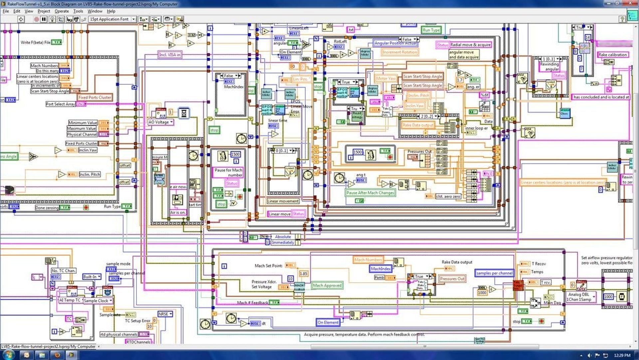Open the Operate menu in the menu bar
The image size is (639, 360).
pyautogui.click(x=62, y=11)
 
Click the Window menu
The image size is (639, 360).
pyautogui.click(x=95, y=11)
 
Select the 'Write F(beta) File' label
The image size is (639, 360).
pyautogui.click(x=36, y=42)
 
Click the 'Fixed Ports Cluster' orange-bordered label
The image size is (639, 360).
pyautogui.click(x=95, y=97)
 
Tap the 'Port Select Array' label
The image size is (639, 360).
pyautogui.click(x=60, y=104)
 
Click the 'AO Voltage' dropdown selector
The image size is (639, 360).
pyautogui.click(x=161, y=122)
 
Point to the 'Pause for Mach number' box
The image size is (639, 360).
pyautogui.click(x=228, y=172)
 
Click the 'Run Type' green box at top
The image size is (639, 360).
pyautogui.click(x=431, y=30)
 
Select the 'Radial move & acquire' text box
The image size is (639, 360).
pyautogui.click(x=471, y=45)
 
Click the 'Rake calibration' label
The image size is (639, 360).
pyautogui.click(x=612, y=55)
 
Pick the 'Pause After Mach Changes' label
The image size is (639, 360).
pyautogui.click(x=370, y=193)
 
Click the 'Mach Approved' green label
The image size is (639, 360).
pyautogui.click(x=327, y=285)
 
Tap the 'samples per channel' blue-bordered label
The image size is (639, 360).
pyautogui.click(x=494, y=273)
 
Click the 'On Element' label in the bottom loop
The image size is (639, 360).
pyautogui.click(x=328, y=322)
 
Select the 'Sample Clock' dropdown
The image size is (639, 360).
pyautogui.click(x=98, y=301)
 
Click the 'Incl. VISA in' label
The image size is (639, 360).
pyautogui.click(x=170, y=55)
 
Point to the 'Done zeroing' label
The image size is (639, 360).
pyautogui.click(x=47, y=208)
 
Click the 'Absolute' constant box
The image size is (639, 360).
pyautogui.click(x=283, y=237)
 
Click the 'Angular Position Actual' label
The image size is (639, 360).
pyautogui.click(x=395, y=43)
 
